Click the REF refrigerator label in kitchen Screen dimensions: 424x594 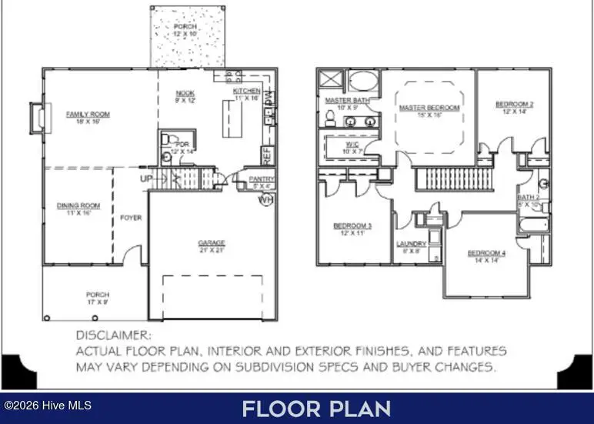(267, 155)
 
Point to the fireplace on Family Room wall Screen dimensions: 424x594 (35, 118)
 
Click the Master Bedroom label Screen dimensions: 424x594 (429, 107)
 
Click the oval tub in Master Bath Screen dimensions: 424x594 (363, 82)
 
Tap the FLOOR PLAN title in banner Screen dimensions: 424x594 (315, 409)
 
